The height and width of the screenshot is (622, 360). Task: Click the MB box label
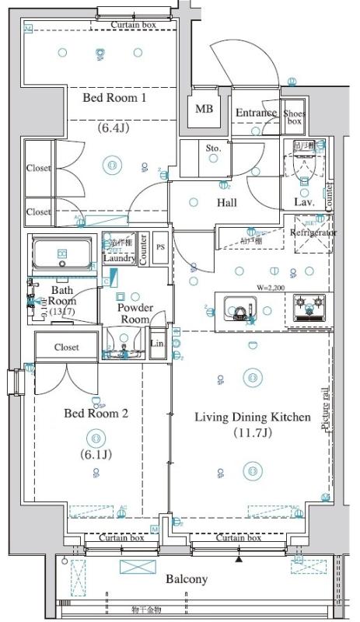point(204,109)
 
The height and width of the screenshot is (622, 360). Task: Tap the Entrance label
point(256,113)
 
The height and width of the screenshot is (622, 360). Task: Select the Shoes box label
point(293,117)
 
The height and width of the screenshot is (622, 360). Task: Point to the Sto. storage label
point(213,148)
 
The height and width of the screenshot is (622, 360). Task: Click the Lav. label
point(304,203)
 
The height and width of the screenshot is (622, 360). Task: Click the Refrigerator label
point(313,232)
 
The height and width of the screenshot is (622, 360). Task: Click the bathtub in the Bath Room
point(61,254)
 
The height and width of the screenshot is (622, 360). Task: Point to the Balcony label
point(186,579)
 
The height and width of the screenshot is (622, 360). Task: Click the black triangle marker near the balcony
point(239,558)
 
